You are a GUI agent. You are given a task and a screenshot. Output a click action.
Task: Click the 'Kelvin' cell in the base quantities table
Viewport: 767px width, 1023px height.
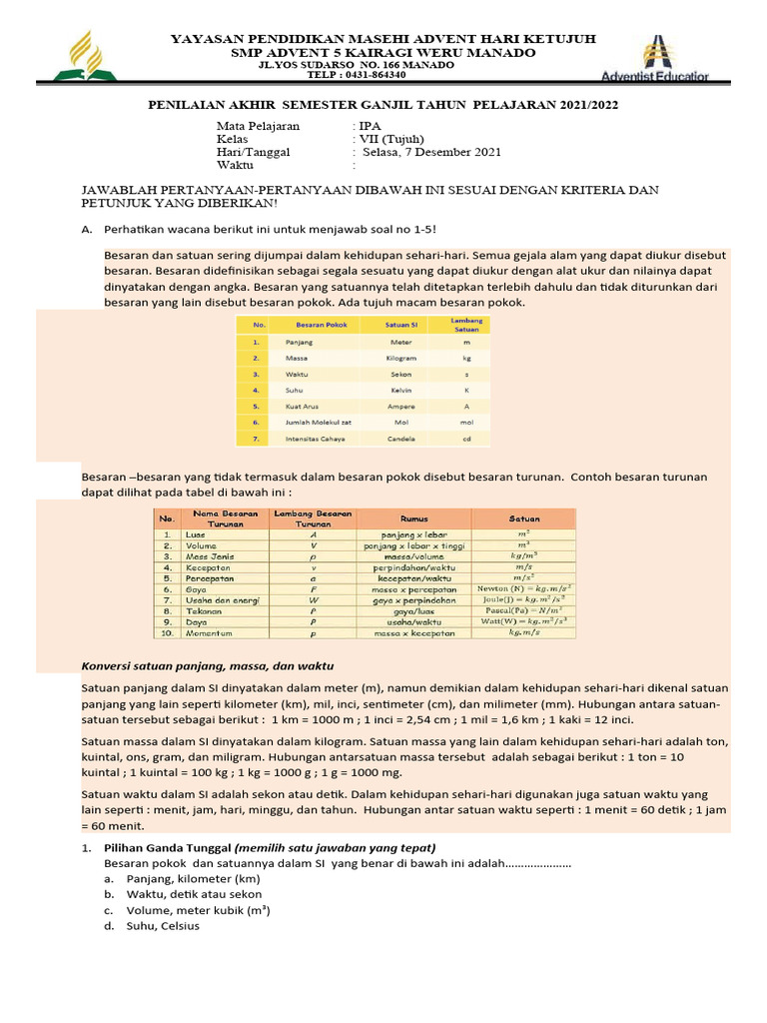401,390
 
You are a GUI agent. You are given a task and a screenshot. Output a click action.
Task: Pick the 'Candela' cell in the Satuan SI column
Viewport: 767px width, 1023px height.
401,439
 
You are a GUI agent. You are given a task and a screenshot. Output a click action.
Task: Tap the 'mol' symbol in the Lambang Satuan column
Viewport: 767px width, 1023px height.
466,423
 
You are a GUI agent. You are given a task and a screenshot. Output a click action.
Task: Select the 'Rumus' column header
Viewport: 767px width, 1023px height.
413,518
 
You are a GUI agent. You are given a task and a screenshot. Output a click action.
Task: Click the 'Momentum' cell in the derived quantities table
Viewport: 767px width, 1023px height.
210,633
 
